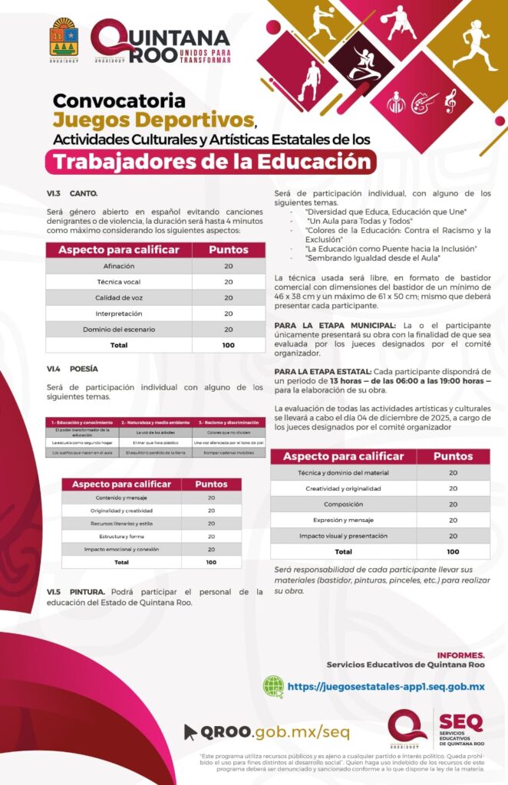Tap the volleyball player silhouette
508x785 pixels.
point(322,23)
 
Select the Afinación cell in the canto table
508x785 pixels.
point(119,265)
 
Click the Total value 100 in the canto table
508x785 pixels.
point(229,345)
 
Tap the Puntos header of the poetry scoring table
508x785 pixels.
point(211,484)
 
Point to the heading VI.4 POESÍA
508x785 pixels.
point(72,369)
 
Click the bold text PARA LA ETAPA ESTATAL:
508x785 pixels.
point(322,371)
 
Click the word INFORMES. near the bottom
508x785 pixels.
point(460,655)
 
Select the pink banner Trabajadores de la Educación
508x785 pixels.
point(209,162)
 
